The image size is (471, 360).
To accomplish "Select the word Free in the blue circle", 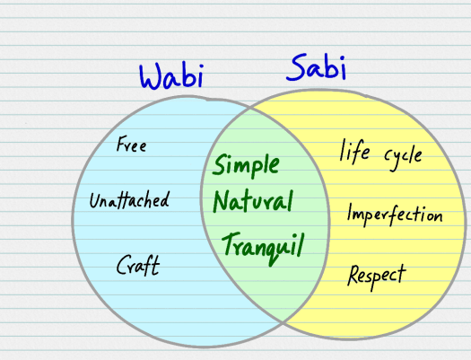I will coord(131,145).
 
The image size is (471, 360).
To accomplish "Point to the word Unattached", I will coord(128,200).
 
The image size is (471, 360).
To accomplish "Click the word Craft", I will coord(137,265).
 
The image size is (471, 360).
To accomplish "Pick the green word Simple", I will coord(246,166).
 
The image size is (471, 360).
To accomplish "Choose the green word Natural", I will coord(252,201).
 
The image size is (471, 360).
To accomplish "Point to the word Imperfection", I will coord(394,215).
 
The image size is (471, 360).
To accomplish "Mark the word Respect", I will coord(376,274).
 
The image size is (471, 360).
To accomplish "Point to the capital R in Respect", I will coord(353,273).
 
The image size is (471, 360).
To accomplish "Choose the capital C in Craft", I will coord(122,265).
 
